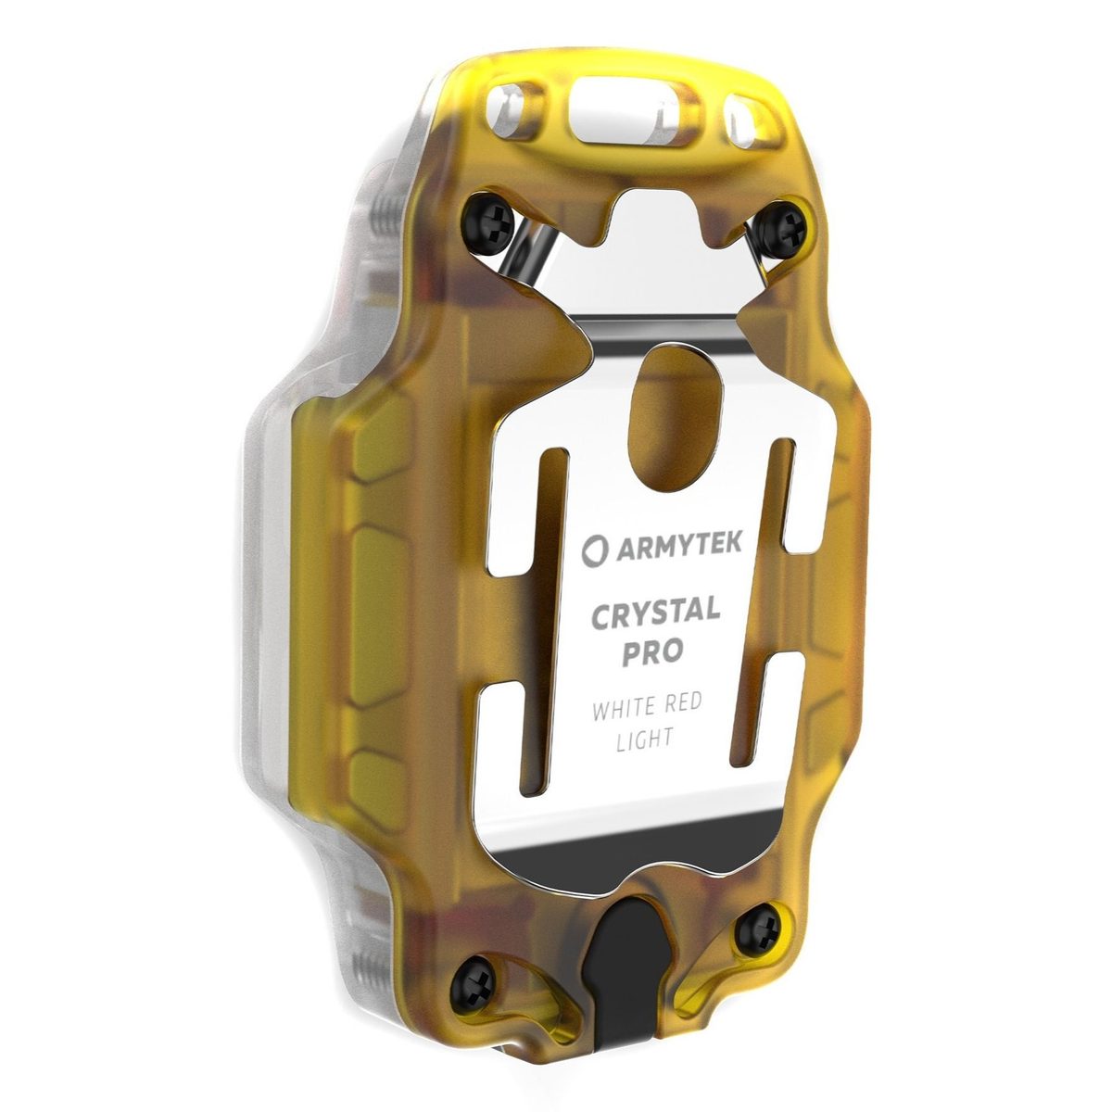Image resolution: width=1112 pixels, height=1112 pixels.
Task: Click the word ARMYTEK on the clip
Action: coord(678,547)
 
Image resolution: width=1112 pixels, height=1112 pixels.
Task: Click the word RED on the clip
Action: coord(682,703)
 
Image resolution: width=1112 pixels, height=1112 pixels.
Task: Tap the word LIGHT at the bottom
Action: coord(645,739)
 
